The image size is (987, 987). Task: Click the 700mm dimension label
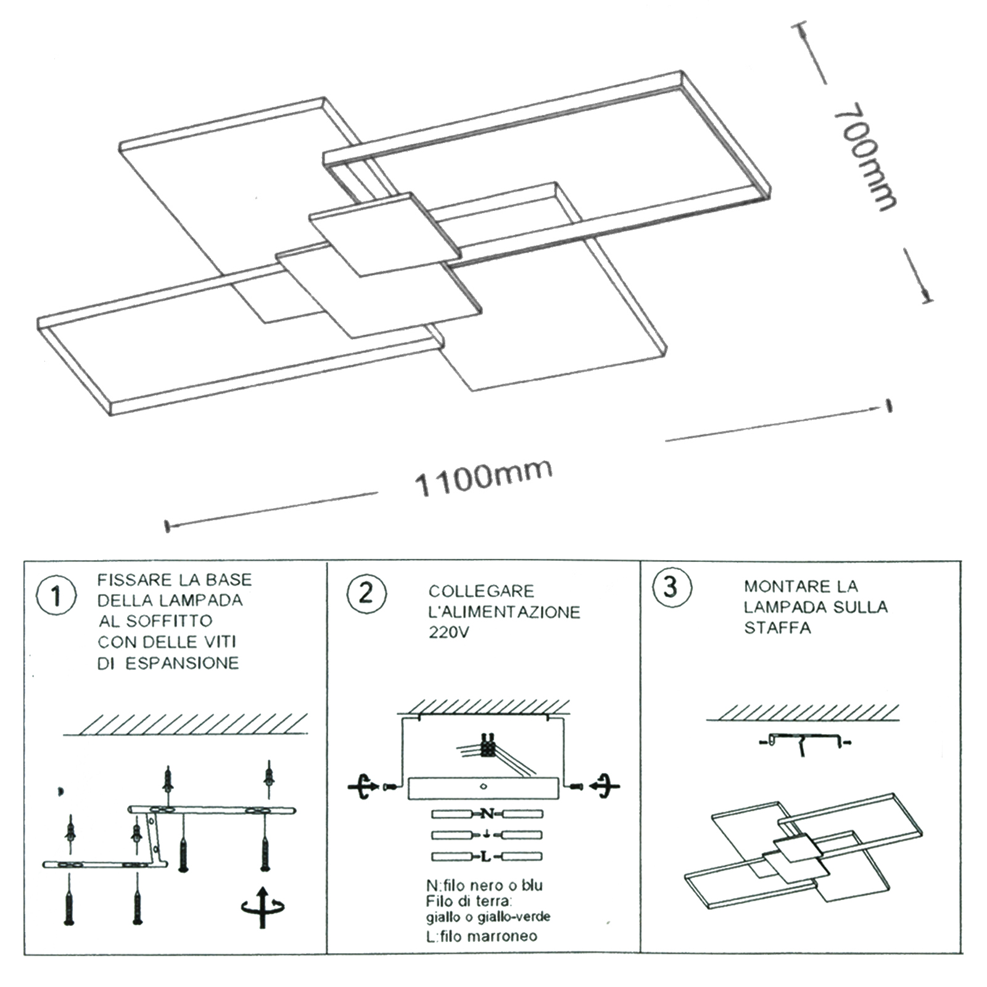(x=864, y=162)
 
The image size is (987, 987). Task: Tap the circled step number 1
(x=57, y=597)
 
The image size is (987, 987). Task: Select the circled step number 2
(x=366, y=593)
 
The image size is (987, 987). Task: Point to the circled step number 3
(x=672, y=587)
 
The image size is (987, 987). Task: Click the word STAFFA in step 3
(x=777, y=628)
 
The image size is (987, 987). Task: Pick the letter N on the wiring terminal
(x=487, y=814)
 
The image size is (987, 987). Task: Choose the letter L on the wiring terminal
(x=487, y=857)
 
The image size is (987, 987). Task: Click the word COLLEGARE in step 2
(x=481, y=591)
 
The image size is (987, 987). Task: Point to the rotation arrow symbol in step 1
(x=263, y=907)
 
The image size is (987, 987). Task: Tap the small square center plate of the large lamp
(x=385, y=234)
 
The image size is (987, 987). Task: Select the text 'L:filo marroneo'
(x=481, y=936)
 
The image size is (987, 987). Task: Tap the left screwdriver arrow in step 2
(x=364, y=787)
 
